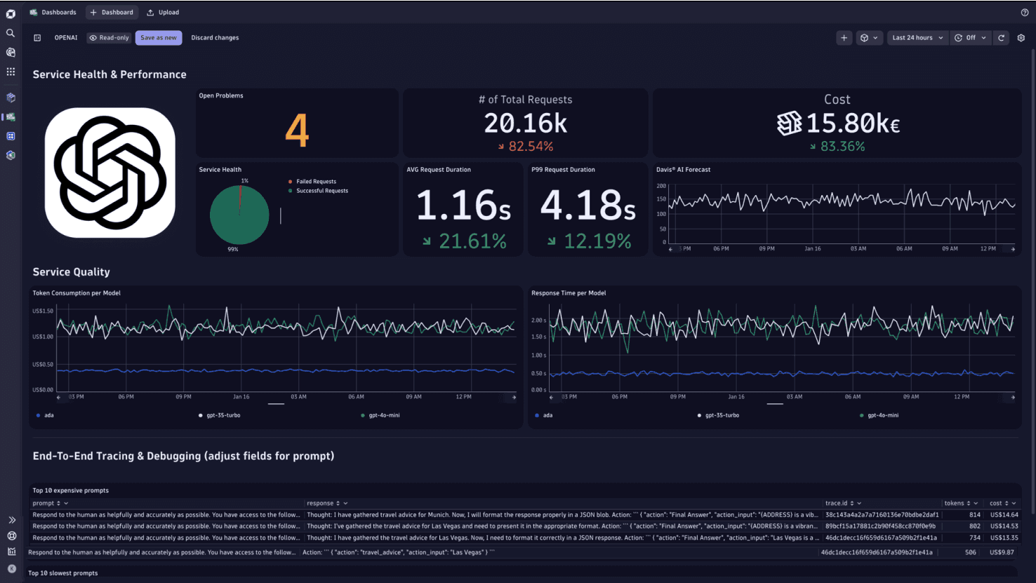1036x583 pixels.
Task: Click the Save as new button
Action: [159, 38]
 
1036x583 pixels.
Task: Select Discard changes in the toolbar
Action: [215, 38]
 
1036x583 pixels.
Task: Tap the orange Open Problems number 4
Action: [297, 130]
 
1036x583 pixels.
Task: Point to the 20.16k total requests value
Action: [525, 123]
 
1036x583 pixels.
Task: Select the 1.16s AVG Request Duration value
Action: [463, 206]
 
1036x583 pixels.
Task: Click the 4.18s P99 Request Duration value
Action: [587, 206]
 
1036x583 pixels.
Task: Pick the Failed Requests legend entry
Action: [316, 182]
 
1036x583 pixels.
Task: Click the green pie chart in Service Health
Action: [239, 215]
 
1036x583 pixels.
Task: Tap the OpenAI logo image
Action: [110, 173]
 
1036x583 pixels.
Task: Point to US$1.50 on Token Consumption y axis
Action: [43, 311]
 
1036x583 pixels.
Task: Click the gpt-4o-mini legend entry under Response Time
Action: [882, 415]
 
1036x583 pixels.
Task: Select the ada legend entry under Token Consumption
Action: [48, 415]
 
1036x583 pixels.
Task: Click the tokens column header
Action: [954, 503]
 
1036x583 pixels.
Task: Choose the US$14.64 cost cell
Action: [1004, 515]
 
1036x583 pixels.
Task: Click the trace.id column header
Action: [836, 503]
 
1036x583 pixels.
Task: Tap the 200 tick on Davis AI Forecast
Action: [661, 186]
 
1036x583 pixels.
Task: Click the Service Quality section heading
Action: [71, 272]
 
